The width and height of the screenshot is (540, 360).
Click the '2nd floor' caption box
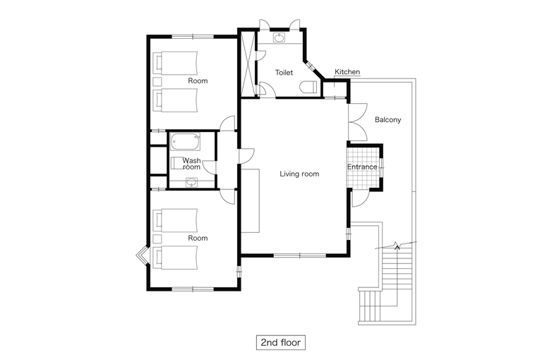tap(281, 342)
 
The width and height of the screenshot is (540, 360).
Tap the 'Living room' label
tap(299, 174)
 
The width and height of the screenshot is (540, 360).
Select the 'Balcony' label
tap(388, 120)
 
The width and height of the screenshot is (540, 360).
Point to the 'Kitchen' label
tap(347, 72)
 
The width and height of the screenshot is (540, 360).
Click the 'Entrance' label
tap(362, 167)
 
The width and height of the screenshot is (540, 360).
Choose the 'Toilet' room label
tap(284, 73)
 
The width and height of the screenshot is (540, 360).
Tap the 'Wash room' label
tap(191, 164)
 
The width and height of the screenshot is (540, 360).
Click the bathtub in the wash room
tap(185, 142)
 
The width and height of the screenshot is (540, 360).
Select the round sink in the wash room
tap(191, 182)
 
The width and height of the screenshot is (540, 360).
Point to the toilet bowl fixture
tap(308, 87)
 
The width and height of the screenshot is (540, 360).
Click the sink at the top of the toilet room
tap(279, 37)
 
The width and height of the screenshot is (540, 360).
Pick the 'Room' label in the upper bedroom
tap(198, 81)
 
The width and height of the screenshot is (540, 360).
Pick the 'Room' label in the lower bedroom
tap(198, 238)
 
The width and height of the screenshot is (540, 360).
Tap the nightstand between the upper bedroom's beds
tap(157, 82)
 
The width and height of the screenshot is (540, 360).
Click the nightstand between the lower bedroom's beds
tap(157, 239)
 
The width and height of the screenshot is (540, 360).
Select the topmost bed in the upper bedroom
tap(175, 63)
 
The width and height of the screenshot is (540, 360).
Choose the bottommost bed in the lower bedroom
tap(175, 258)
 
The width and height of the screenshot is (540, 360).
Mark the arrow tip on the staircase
tap(397, 245)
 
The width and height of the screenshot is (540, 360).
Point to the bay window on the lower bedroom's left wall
tap(142, 256)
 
